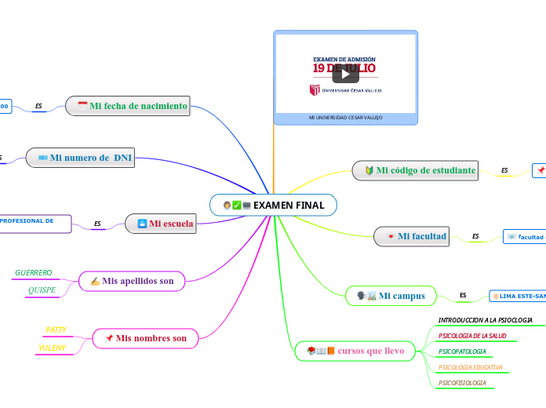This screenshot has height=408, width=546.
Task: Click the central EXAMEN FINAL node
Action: pyautogui.click(x=273, y=205)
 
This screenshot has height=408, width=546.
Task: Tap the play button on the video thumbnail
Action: pyautogui.click(x=345, y=74)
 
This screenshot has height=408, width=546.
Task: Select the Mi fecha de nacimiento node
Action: pyautogui.click(x=129, y=106)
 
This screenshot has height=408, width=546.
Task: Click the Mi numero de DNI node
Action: pyautogui.click(x=80, y=158)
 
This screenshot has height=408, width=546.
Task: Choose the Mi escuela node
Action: pyautogui.click(x=162, y=224)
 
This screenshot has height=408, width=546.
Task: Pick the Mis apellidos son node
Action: pyautogui.click(x=132, y=281)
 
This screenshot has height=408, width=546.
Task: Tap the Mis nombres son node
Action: pyautogui.click(x=145, y=338)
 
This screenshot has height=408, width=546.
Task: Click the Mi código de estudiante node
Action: pyautogui.click(x=416, y=170)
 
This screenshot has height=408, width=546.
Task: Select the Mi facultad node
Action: pyautogui.click(x=412, y=236)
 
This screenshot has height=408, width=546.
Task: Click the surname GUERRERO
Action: pyautogui.click(x=34, y=273)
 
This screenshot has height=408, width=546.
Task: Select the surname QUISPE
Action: pyautogui.click(x=42, y=290)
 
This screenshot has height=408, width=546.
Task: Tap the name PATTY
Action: pyautogui.click(x=56, y=330)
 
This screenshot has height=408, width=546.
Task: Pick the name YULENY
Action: pyautogui.click(x=52, y=348)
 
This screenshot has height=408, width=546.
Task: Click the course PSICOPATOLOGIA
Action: pyautogui.click(x=462, y=352)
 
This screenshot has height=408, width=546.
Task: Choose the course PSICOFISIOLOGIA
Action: pyautogui.click(x=462, y=383)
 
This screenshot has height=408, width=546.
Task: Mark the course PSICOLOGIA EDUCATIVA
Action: pyautogui.click(x=470, y=367)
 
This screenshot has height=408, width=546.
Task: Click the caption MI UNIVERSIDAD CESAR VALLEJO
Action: pyautogui.click(x=345, y=118)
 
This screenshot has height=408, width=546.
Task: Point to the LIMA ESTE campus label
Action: pyautogui.click(x=518, y=296)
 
